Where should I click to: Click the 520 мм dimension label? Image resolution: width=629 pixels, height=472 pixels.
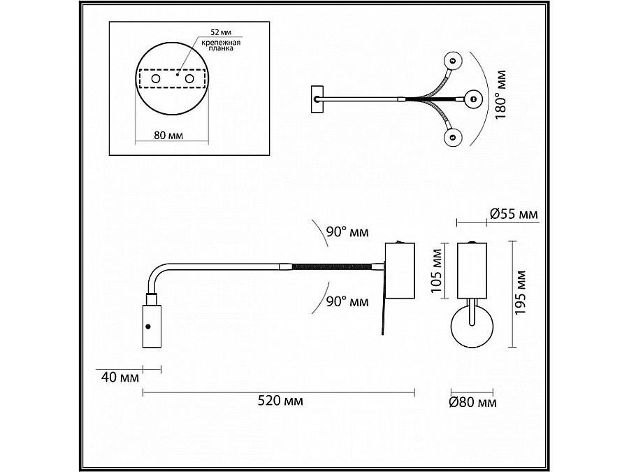click(280, 401)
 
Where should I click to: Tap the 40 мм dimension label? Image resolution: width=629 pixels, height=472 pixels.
click(120, 378)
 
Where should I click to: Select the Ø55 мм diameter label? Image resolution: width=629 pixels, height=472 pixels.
click(514, 215)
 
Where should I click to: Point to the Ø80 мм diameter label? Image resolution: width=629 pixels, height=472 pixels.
click(473, 402)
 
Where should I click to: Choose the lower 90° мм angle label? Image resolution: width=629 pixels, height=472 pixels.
click(347, 302)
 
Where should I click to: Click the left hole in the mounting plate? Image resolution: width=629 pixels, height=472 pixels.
click(155, 81)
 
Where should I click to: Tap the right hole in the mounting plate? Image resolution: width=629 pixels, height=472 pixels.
click(188, 81)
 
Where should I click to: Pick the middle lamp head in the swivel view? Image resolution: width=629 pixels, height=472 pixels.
click(472, 99)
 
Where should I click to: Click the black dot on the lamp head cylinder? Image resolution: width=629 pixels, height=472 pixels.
click(148, 326)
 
